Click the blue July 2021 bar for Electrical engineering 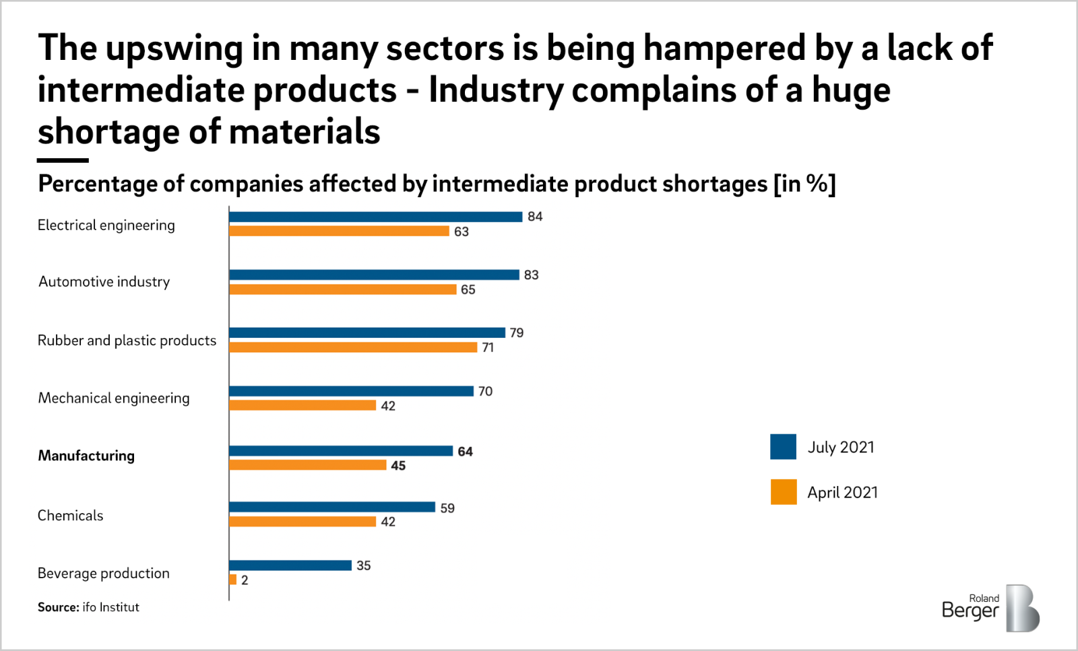click(x=375, y=217)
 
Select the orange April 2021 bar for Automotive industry click(x=343, y=289)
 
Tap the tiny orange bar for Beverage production click(x=233, y=580)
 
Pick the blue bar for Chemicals click(x=332, y=507)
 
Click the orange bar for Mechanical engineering click(x=303, y=405)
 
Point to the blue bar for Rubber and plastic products click(x=367, y=333)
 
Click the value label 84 click(x=535, y=217)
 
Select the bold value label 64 click(x=465, y=451)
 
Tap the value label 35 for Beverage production click(x=364, y=566)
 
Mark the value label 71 click(x=488, y=347)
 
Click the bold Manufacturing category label click(x=86, y=456)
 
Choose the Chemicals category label click(x=71, y=516)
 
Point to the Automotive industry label click(x=104, y=282)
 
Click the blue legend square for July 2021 click(x=783, y=447)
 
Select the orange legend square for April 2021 click(x=783, y=492)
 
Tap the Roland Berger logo click(x=990, y=608)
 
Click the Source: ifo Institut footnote click(x=88, y=607)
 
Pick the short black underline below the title click(x=63, y=160)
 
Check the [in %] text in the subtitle click(x=804, y=184)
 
